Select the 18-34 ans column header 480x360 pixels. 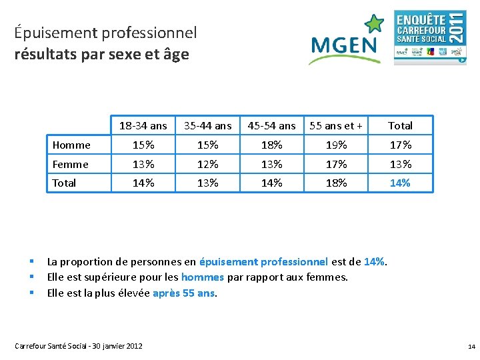click(x=143, y=125)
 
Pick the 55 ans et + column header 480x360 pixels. click(x=337, y=125)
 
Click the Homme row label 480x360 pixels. click(x=71, y=145)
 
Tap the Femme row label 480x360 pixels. click(x=70, y=164)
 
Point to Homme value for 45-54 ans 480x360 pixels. click(x=272, y=145)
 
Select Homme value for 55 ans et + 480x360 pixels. click(x=337, y=145)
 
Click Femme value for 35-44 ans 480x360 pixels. click(x=208, y=164)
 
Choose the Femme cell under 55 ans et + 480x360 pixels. click(x=337, y=164)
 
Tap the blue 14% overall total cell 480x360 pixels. click(x=400, y=183)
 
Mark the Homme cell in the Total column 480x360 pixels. click(x=400, y=145)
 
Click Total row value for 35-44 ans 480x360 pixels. click(x=208, y=183)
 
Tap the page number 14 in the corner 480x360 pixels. click(x=471, y=347)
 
